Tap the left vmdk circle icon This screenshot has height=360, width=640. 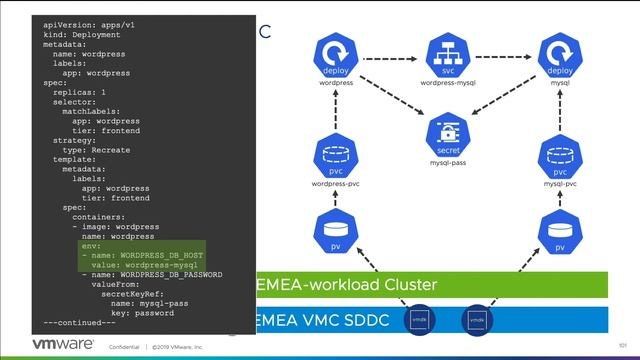pos(420,320)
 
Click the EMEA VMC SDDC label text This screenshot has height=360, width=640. pos(321,321)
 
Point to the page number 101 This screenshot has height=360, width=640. pos(622,346)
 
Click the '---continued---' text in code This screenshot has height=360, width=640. pos(80,323)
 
